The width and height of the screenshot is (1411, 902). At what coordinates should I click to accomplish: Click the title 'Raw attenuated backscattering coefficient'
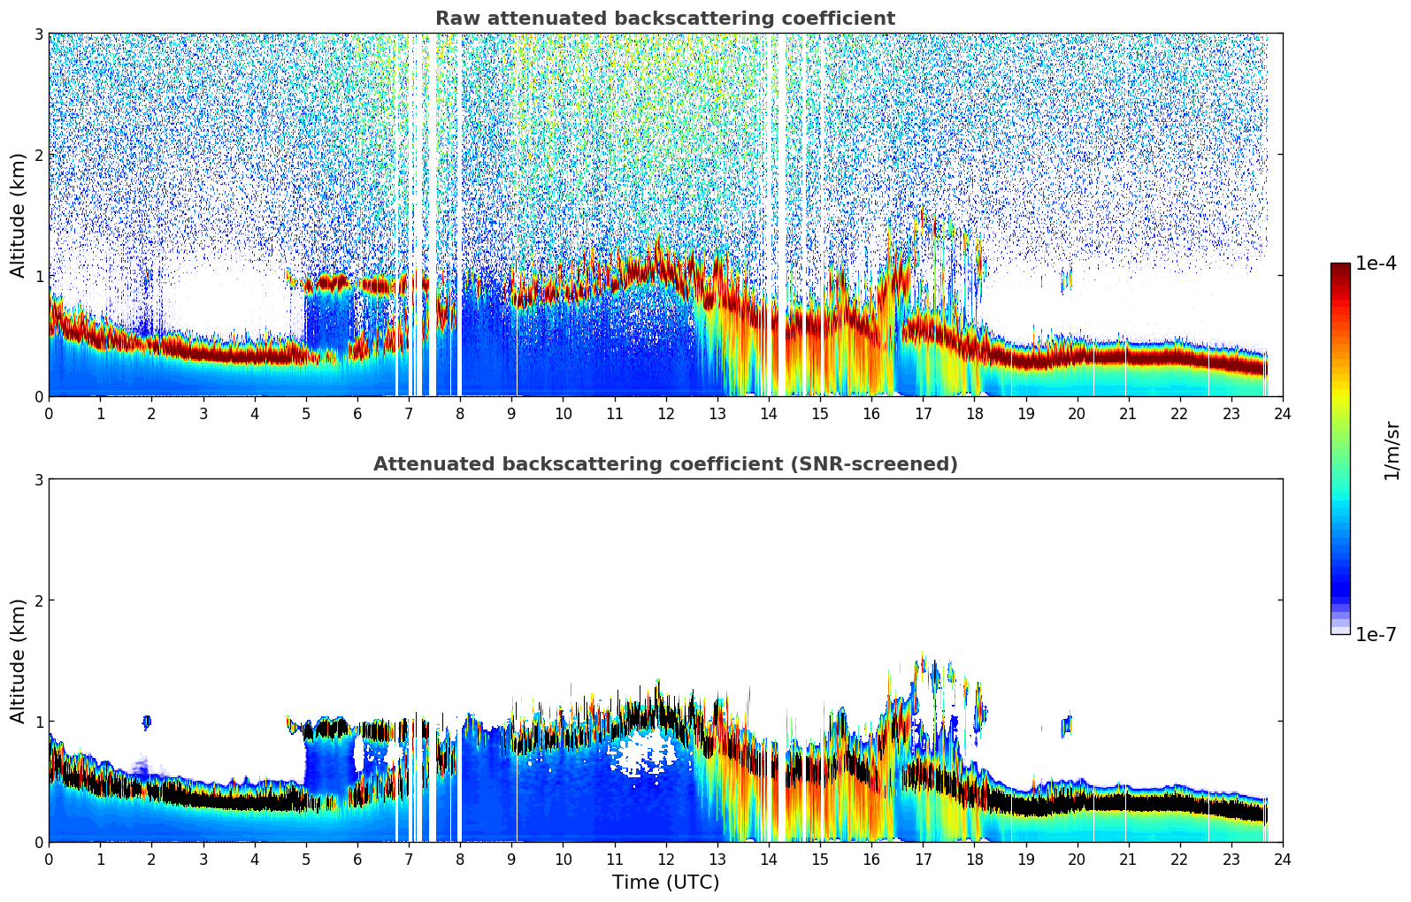tap(664, 19)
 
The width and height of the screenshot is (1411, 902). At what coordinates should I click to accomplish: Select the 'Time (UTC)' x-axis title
tap(665, 882)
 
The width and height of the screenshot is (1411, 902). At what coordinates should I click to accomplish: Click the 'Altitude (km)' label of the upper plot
tap(18, 215)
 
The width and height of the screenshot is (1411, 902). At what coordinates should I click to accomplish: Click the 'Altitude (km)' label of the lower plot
tap(18, 661)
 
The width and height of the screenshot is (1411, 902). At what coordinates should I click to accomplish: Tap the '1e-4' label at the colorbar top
tap(1375, 264)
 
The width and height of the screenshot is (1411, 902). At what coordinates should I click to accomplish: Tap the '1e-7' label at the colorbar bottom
tap(1375, 634)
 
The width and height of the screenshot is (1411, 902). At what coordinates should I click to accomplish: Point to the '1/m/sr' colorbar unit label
tap(1392, 450)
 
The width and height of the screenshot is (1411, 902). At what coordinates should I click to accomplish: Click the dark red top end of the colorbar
tap(1339, 267)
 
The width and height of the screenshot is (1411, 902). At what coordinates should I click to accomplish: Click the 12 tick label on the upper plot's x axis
tap(665, 413)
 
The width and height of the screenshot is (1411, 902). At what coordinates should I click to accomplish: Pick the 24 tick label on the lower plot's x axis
tap(1282, 859)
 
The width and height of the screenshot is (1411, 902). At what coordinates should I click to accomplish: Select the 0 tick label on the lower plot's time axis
tap(49, 859)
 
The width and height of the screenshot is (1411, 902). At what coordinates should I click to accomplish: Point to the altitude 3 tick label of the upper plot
tap(38, 34)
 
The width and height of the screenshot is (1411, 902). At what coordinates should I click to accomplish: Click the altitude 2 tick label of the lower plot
tap(38, 600)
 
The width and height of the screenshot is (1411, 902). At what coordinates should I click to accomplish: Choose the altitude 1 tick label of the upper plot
tap(38, 276)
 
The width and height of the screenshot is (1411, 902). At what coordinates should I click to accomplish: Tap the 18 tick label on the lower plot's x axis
tap(974, 859)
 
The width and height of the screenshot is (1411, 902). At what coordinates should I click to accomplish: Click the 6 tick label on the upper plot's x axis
tap(357, 413)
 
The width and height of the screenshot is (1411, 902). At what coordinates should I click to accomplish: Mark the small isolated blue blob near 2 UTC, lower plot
tap(146, 722)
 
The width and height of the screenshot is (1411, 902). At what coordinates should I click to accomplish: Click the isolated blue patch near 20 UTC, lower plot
tap(1067, 725)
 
